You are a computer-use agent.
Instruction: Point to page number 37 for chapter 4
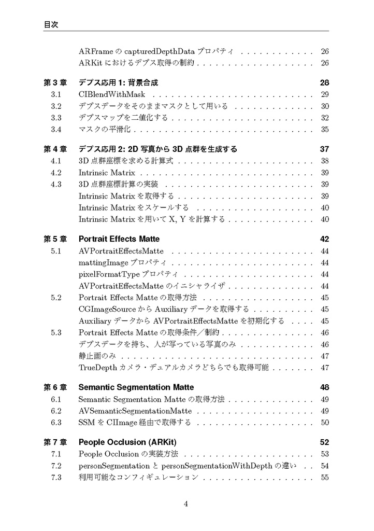[x=324, y=149]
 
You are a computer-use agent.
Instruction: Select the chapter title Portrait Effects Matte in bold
[x=119, y=239]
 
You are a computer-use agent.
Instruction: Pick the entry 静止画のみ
[x=97, y=356]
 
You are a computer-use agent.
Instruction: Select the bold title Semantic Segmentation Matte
[x=136, y=387]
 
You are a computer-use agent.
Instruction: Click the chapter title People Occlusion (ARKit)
[x=127, y=442]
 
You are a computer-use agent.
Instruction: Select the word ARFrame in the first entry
[x=95, y=52]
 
